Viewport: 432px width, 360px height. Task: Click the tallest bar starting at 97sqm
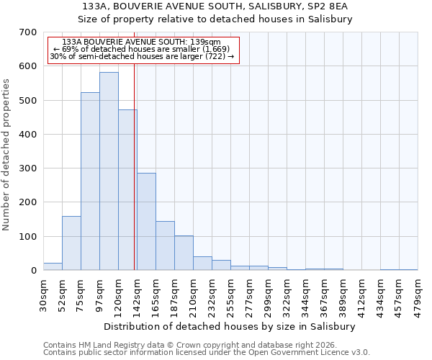[109, 171]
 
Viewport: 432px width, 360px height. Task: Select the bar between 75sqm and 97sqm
[90, 181]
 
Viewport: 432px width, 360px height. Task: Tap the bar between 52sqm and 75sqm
[71, 243]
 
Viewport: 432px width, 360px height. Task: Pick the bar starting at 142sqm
[146, 222]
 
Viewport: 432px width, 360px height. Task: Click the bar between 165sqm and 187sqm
[165, 246]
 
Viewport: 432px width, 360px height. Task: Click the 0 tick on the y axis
[33, 271]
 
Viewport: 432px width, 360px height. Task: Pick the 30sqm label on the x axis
[43, 292]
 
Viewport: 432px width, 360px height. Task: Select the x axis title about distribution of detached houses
[230, 326]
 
